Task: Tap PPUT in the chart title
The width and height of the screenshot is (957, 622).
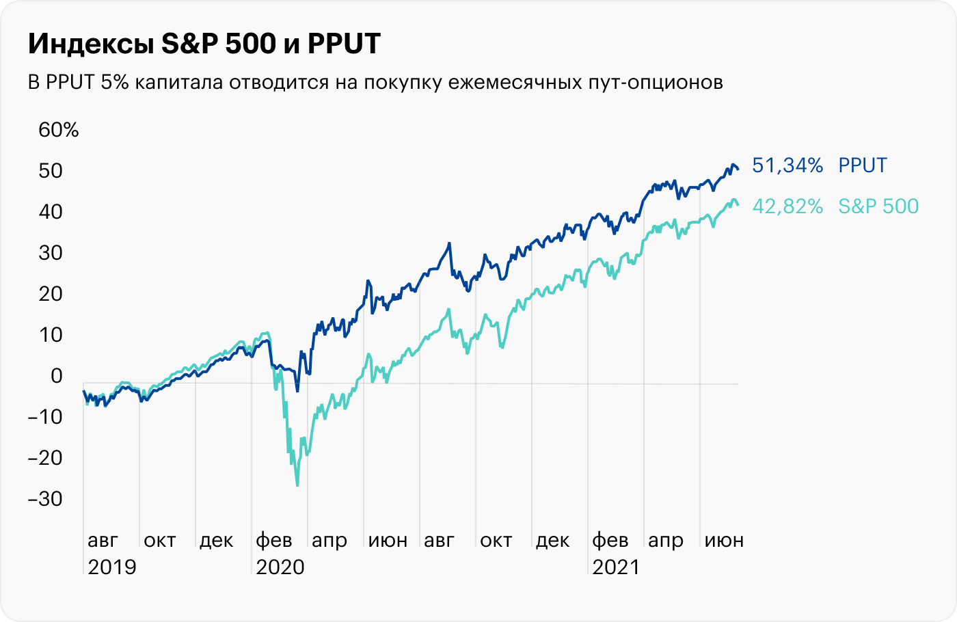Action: point(344,44)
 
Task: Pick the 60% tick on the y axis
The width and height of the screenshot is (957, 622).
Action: point(59,130)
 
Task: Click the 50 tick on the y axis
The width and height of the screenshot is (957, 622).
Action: point(50,171)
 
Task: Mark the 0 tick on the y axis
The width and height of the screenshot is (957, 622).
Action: point(56,375)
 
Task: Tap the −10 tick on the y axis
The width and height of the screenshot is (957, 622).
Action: point(45,416)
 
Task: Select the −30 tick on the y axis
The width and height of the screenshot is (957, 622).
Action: point(45,498)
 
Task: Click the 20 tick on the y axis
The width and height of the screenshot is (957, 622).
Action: point(50,294)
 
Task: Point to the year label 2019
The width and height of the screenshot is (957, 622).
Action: point(112,567)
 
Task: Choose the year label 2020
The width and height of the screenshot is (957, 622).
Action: point(280,567)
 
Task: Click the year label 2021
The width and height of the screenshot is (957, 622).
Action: point(616,567)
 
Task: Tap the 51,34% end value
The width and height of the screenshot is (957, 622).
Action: point(787,165)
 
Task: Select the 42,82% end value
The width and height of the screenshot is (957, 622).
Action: point(787,206)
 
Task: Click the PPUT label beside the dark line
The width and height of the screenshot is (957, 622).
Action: point(863,165)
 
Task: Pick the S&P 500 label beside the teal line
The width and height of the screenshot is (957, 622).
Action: point(878,206)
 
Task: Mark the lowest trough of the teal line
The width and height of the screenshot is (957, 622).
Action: point(297,485)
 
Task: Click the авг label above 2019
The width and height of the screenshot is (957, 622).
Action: point(103,541)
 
